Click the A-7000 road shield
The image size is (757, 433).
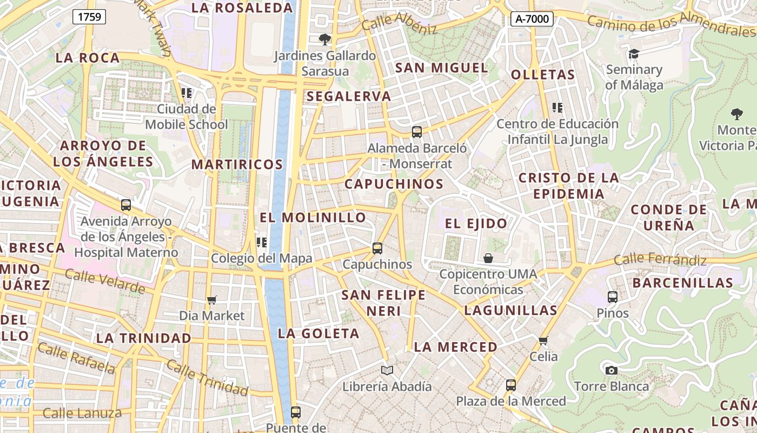tap(532, 19)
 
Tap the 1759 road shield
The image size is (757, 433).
tap(89, 17)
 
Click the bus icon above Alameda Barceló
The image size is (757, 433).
tap(416, 132)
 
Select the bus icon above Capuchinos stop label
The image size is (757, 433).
tap(377, 248)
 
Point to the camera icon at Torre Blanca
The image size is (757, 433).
tap(612, 370)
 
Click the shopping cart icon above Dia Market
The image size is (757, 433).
tap(212, 300)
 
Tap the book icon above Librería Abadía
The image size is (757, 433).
tap(387, 371)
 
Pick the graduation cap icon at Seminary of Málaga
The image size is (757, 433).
tap(634, 54)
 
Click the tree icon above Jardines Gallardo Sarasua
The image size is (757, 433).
tap(324, 39)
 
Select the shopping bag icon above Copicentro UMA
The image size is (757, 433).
tap(488, 258)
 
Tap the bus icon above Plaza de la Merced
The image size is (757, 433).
tap(510, 385)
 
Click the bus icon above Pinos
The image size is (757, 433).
tap(612, 297)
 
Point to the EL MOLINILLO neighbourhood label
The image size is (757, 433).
tap(313, 218)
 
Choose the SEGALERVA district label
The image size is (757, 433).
tap(348, 96)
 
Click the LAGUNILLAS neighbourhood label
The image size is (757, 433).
tap(510, 310)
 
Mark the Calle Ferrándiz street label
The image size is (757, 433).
tap(660, 260)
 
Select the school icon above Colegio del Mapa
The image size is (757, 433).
tap(262, 242)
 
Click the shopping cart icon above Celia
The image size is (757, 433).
tap(543, 340)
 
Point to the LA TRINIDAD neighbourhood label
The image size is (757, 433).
tap(144, 338)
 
